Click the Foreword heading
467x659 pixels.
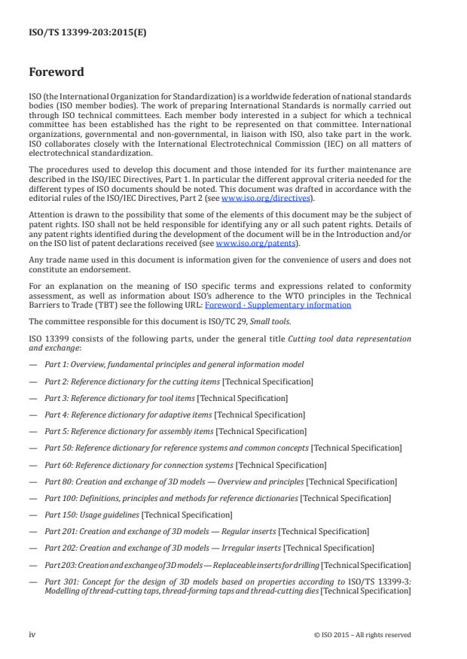(x=56, y=73)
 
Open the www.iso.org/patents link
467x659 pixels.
(x=246, y=244)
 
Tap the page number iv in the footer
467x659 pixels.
(x=32, y=634)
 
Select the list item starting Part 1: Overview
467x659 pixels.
(x=174, y=364)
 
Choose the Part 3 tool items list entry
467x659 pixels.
(x=166, y=398)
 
